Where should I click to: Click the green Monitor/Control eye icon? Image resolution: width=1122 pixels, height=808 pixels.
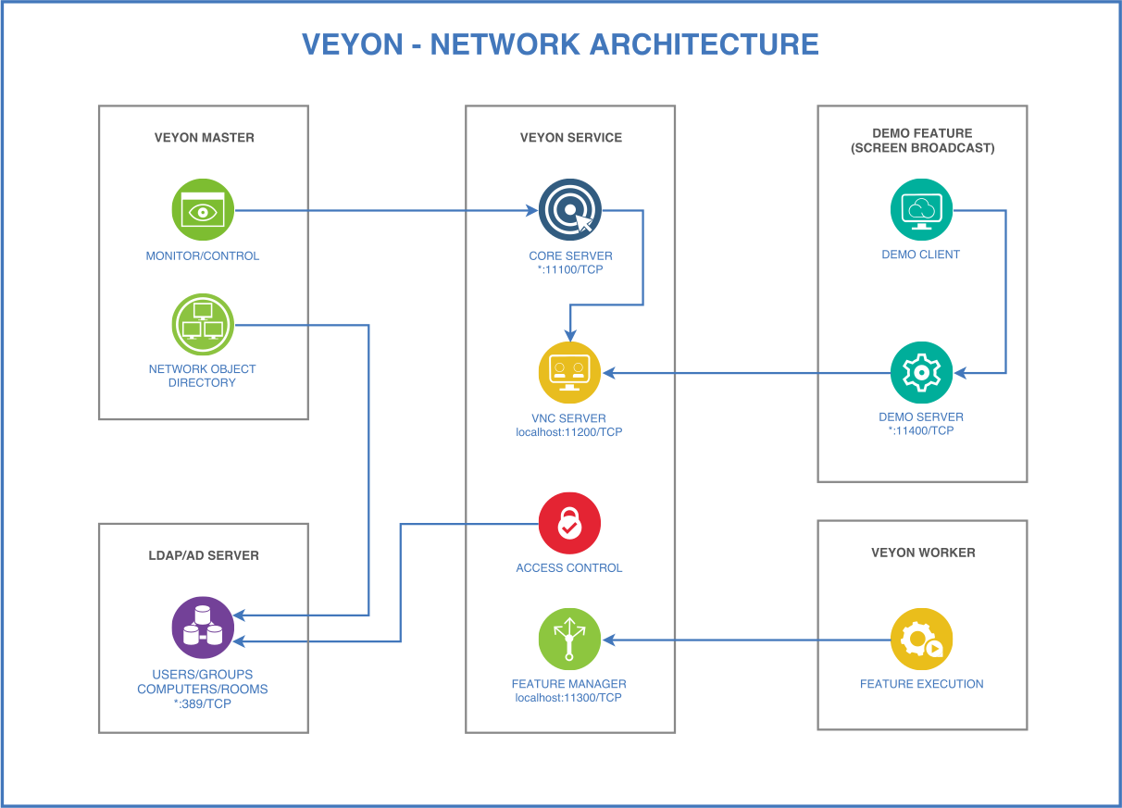[x=203, y=210]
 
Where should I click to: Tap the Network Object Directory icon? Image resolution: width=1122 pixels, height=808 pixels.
[x=203, y=325]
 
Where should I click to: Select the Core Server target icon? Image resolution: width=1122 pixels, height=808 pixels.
[x=569, y=210]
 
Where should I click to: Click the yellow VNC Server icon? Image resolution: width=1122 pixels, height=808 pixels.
[x=569, y=372]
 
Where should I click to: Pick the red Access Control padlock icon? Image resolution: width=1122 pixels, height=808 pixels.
[x=569, y=523]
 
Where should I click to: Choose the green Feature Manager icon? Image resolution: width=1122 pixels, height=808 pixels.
[x=569, y=639]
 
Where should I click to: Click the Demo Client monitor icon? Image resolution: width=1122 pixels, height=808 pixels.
[x=921, y=210]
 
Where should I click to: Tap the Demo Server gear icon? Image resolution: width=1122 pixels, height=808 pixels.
[x=921, y=372]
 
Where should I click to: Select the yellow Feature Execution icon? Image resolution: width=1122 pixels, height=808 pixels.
[x=921, y=639]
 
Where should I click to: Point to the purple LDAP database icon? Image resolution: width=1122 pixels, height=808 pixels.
[x=203, y=627]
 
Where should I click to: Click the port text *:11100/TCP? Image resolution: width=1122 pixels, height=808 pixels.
[x=570, y=270]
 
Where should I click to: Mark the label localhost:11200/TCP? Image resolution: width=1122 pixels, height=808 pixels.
[x=569, y=432]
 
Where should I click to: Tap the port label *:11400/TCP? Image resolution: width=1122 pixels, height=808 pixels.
[x=921, y=430]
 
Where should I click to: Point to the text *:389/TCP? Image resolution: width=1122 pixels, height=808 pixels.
[x=203, y=703]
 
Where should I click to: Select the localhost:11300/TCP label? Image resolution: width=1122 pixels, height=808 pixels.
[x=569, y=697]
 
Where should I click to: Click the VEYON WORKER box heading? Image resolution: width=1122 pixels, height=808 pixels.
[x=923, y=553]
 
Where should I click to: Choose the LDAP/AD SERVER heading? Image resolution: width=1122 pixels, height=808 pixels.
[x=204, y=555]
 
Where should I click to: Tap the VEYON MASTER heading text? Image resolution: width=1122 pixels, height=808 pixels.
[x=204, y=137]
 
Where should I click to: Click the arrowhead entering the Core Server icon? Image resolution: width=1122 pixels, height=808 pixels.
[x=532, y=210]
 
